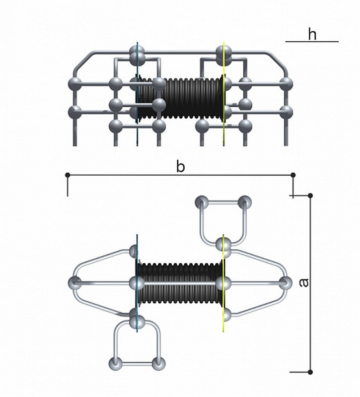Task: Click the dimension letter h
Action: [312, 34]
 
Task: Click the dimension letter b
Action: [180, 167]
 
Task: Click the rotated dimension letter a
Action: [303, 282]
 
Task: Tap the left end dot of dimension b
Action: [68, 175]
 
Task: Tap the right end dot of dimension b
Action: [293, 175]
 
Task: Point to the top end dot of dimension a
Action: [310, 196]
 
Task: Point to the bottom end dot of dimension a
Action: [310, 372]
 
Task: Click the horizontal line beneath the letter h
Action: [312, 42]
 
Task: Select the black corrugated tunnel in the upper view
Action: [180, 98]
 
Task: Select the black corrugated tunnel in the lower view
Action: [180, 283]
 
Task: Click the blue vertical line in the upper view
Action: [138, 94]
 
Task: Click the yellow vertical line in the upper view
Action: [223, 94]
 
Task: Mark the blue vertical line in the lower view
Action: [138, 283]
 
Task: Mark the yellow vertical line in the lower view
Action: [223, 283]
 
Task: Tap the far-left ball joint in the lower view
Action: [75, 283]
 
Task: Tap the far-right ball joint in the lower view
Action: [286, 283]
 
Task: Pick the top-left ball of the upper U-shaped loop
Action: [202, 202]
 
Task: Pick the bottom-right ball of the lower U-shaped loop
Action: [158, 364]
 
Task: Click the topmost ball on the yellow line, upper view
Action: [224, 53]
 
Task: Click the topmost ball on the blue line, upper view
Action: [137, 53]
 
